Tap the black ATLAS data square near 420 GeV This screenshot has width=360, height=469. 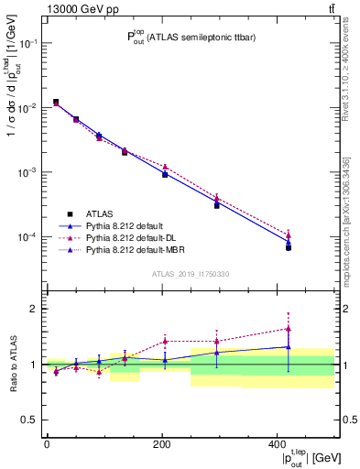[289, 247]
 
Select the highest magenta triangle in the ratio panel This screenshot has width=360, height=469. [289, 329]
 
